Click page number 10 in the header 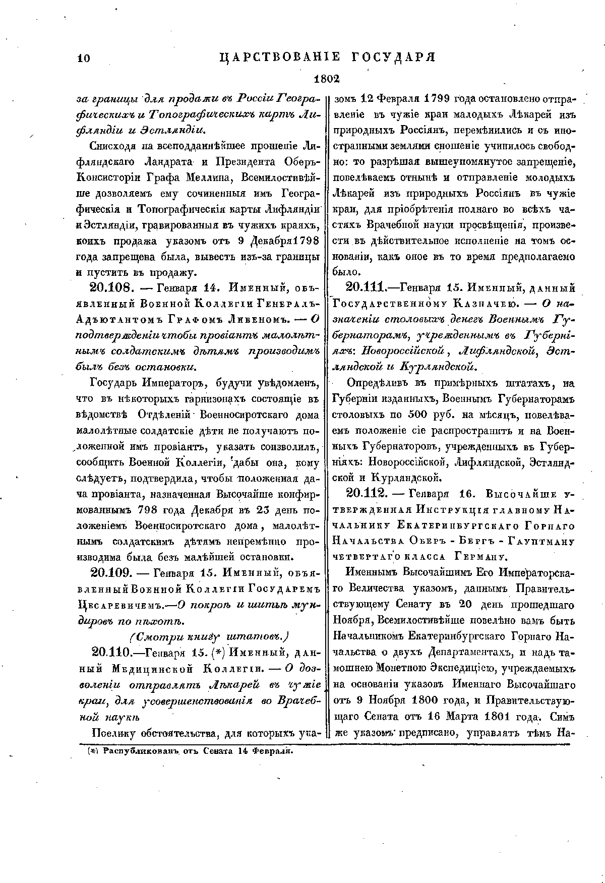[83, 58]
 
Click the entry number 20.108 [111, 289]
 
